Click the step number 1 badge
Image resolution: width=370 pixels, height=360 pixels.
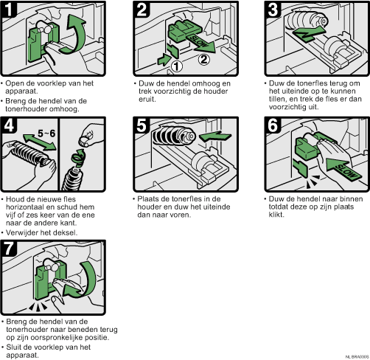(x=9, y=9)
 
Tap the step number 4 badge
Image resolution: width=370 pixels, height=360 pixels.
(x=10, y=125)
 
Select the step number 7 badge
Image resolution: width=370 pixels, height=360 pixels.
(x=9, y=248)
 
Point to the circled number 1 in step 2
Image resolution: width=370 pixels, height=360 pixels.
(x=176, y=66)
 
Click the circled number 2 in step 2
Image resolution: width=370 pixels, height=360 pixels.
(x=204, y=60)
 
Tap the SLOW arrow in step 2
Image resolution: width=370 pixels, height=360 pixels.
(x=200, y=43)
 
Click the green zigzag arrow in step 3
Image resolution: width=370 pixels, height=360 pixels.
(x=309, y=33)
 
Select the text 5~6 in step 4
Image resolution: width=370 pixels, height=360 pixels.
(x=46, y=134)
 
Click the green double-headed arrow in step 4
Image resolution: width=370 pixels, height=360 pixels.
(x=39, y=142)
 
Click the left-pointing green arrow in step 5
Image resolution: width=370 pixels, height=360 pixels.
(x=214, y=136)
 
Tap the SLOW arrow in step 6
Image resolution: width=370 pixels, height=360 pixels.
(x=344, y=170)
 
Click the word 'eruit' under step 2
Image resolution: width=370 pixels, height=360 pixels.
(x=147, y=99)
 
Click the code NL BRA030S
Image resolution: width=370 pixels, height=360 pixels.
(x=357, y=357)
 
